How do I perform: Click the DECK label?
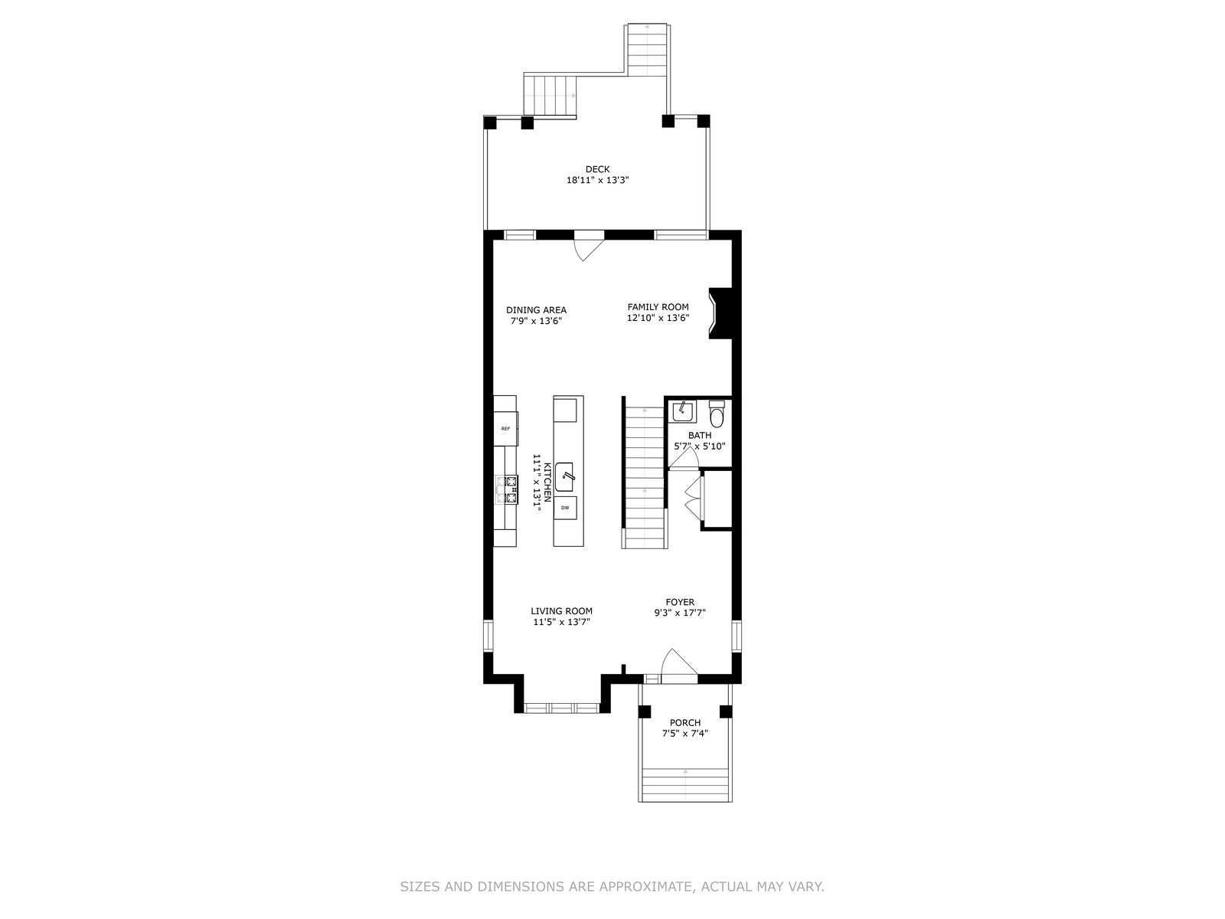pyautogui.click(x=597, y=169)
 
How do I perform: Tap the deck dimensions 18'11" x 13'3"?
pyautogui.click(x=598, y=180)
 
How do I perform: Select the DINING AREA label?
pyautogui.click(x=536, y=310)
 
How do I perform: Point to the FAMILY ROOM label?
pyautogui.click(x=658, y=307)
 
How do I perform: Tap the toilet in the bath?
pyautogui.click(x=717, y=414)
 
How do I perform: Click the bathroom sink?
pyautogui.click(x=683, y=411)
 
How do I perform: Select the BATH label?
pyautogui.click(x=699, y=435)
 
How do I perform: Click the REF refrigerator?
pyautogui.click(x=505, y=429)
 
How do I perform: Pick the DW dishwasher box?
pyautogui.click(x=565, y=508)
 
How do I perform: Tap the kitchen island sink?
pyautogui.click(x=564, y=477)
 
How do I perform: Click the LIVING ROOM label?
pyautogui.click(x=561, y=611)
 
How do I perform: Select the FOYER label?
pyautogui.click(x=680, y=602)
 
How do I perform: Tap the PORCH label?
pyautogui.click(x=684, y=723)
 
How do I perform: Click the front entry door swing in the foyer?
pyautogui.click(x=679, y=666)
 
